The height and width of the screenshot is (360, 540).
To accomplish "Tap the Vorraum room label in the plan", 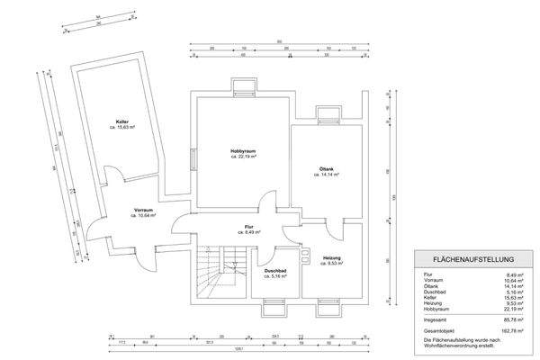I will [x=144, y=210].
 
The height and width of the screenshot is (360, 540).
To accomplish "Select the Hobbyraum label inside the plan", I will [x=244, y=149].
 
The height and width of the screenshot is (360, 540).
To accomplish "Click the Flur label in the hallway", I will [x=249, y=227].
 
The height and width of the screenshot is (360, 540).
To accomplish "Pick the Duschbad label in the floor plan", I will [x=274, y=269].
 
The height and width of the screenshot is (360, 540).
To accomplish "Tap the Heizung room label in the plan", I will [x=332, y=259].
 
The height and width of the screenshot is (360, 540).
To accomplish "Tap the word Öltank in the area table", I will [x=430, y=285].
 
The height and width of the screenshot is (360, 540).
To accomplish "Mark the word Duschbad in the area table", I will [x=433, y=291].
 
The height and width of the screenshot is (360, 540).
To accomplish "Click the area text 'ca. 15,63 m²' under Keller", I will [x=121, y=127].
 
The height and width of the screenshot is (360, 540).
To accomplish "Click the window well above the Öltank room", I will [x=328, y=114].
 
